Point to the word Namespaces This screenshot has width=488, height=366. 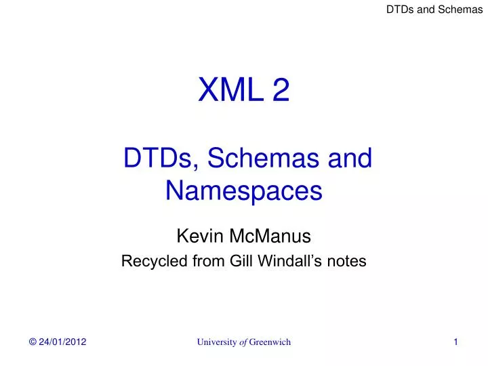243,191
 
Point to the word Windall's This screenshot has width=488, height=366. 281,262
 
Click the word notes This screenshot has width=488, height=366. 346,262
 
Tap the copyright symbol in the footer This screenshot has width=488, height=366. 32,342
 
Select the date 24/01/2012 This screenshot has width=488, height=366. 62,342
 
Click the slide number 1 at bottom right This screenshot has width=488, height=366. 456,342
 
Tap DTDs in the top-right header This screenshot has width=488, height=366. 399,9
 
